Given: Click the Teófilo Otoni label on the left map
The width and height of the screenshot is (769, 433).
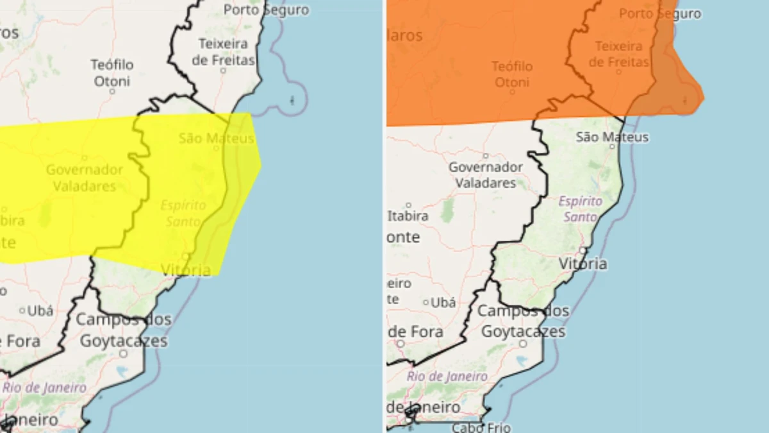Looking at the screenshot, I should (112, 72).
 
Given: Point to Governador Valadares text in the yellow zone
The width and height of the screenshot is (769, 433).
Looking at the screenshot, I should (84, 178).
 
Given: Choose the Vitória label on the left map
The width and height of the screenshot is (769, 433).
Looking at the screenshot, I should (186, 270).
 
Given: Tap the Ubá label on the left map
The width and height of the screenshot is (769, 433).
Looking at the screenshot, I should (40, 310).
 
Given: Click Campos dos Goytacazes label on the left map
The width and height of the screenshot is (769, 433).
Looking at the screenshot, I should (124, 330).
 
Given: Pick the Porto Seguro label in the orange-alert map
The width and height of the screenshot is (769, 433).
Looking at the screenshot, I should (660, 13).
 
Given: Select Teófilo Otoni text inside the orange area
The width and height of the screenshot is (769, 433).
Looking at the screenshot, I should (511, 74).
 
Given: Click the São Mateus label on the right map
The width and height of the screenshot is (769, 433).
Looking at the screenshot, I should (612, 137).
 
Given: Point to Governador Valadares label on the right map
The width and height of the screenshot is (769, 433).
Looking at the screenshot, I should (485, 174).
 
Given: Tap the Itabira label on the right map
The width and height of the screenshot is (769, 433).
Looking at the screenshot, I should (408, 216).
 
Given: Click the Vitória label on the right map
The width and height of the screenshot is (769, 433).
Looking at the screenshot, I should (583, 264).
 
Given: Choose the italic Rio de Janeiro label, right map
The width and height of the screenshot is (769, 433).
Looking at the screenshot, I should (447, 377).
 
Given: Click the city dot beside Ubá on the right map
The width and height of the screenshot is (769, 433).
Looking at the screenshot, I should (426, 302).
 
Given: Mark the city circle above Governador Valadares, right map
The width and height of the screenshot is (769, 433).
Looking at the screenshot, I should (485, 155).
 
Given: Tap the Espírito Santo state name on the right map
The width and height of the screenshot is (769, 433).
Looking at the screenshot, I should (581, 208).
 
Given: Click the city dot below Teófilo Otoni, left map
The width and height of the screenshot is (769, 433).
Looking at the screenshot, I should (112, 91).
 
